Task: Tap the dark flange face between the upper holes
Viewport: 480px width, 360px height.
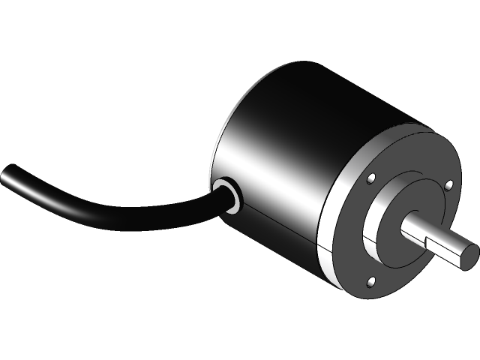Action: pyautogui.click(x=409, y=169)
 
